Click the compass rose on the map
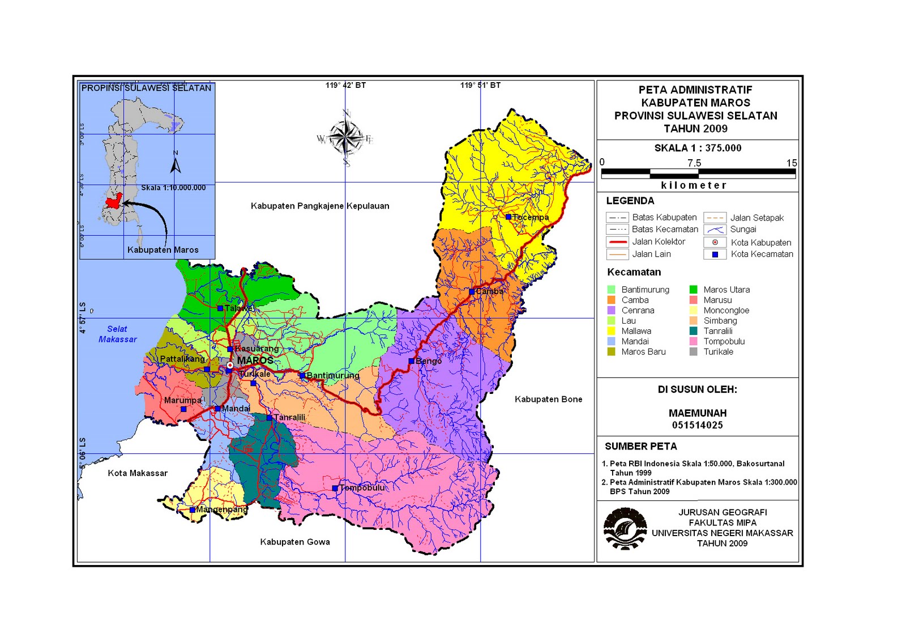(345, 138)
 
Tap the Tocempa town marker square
(508, 217)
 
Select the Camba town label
(489, 291)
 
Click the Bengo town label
(429, 361)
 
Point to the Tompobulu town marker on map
(335, 488)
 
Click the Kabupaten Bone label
(548, 400)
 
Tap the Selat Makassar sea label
(117, 334)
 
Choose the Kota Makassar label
(138, 473)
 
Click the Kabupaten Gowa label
(294, 542)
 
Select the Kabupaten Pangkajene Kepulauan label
(320, 206)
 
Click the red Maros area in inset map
(114, 201)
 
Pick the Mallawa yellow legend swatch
(611, 331)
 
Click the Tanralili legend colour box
(693, 331)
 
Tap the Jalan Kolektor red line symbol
(617, 242)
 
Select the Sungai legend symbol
(715, 230)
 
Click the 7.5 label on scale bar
(694, 163)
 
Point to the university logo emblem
(625, 528)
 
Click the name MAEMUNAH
(697, 413)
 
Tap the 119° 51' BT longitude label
(480, 86)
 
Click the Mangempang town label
(222, 510)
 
